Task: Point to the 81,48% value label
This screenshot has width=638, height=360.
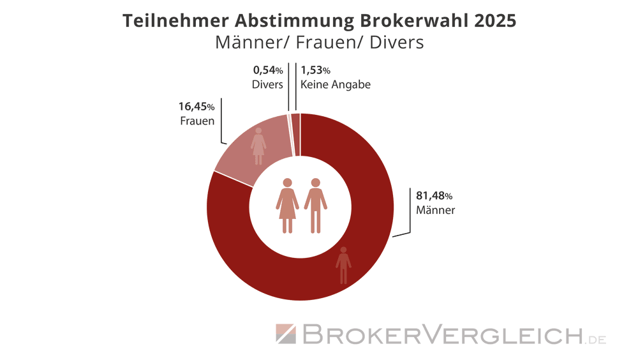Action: pos(434,196)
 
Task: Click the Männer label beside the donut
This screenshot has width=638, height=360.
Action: pos(435,210)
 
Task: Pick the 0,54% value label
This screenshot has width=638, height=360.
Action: pos(268,70)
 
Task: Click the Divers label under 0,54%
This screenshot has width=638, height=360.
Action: pos(267,84)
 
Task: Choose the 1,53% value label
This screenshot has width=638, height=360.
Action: pos(315,70)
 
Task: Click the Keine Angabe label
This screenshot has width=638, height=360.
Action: pos(335,84)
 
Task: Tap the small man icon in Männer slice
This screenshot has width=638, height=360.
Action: pos(343,265)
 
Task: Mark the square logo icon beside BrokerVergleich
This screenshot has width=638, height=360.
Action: pos(285,334)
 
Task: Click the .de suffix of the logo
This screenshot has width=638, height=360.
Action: pos(597,338)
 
